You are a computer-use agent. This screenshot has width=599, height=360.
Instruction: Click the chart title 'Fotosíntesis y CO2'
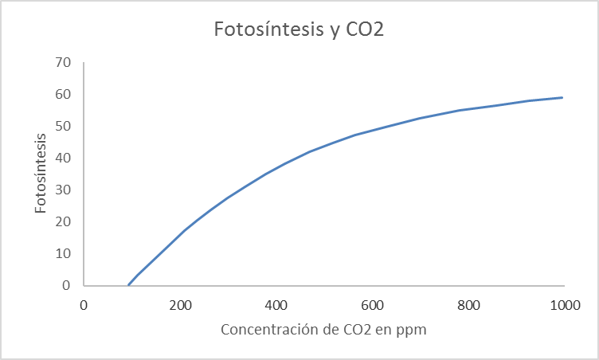[299, 29]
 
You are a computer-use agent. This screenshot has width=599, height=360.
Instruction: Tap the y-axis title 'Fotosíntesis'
[41, 173]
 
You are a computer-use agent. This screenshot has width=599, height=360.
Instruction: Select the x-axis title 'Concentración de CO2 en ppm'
[324, 330]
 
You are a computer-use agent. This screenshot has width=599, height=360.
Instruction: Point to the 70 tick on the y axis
[64, 62]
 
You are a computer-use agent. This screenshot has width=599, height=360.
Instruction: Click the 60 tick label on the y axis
[64, 94]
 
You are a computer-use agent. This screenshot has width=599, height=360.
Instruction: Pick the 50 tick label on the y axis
[64, 126]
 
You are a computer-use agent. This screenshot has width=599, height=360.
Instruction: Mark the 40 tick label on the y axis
[64, 158]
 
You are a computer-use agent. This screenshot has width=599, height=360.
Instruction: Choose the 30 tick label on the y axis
[64, 190]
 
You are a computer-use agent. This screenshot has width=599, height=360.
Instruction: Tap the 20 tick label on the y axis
[64, 221]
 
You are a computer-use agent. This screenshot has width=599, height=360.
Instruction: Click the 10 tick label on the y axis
[64, 253]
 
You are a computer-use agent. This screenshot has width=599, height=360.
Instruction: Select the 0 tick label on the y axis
[67, 285]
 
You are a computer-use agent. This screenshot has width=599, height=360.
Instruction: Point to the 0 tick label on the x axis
[84, 304]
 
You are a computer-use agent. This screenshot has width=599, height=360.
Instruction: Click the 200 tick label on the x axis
[180, 304]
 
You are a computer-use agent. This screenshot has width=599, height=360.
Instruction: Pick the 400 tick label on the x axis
[276, 304]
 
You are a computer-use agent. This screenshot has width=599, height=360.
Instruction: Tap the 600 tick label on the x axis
[372, 304]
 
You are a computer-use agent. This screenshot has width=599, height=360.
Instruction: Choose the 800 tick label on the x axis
[468, 304]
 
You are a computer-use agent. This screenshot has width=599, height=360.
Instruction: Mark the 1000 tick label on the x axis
[564, 304]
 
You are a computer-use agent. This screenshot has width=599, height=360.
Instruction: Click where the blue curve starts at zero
[128, 284]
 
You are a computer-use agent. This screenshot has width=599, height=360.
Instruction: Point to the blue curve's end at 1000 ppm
[563, 97]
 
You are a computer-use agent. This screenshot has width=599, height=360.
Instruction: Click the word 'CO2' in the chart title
[364, 29]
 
